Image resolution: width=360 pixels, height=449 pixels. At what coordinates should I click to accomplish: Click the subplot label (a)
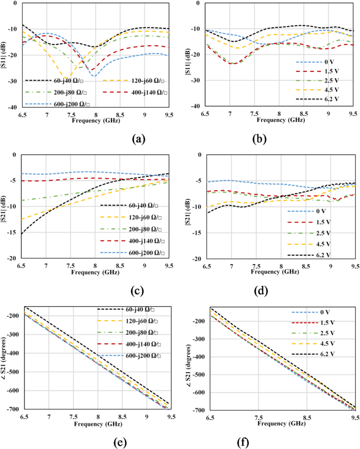tap(138, 139)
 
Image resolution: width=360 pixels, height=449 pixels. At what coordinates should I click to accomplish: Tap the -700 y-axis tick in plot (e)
tap(11, 409)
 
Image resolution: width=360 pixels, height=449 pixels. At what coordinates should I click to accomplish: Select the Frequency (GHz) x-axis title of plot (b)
tap(279, 120)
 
